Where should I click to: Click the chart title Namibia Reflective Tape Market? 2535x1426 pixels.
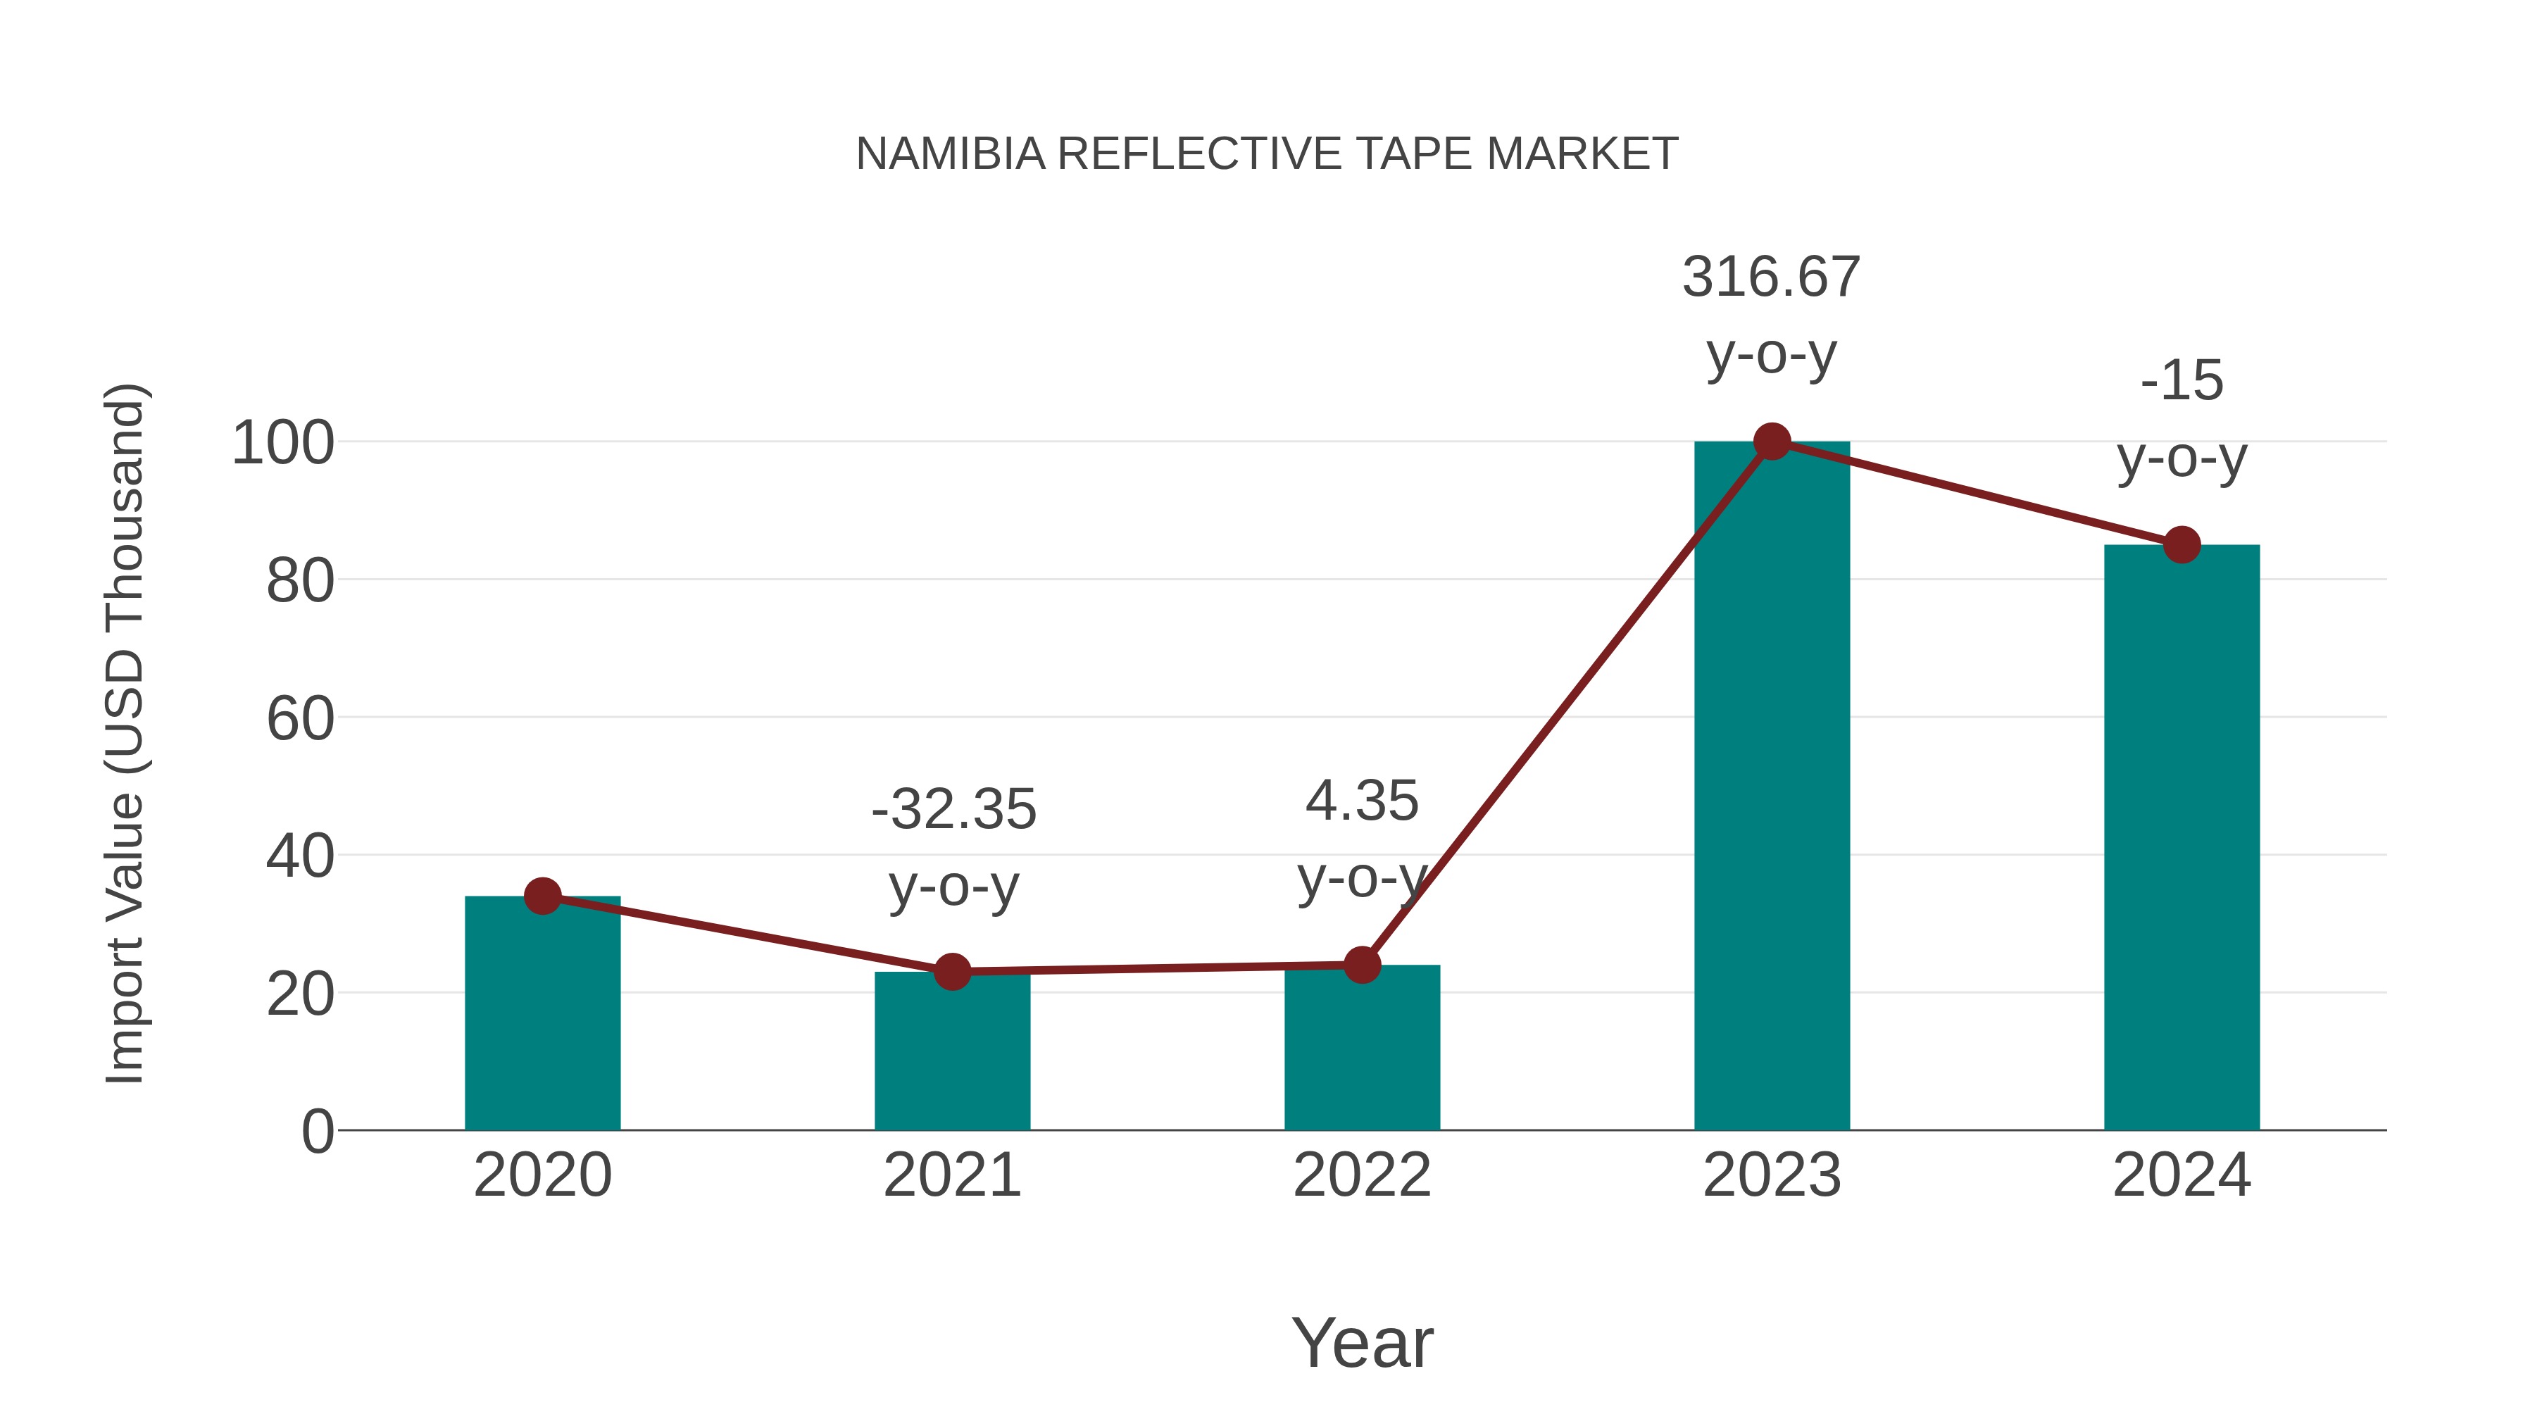(1267, 154)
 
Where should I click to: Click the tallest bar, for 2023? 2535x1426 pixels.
(1772, 787)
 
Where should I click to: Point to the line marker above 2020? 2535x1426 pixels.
(542, 896)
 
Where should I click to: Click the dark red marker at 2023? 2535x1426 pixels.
(1772, 442)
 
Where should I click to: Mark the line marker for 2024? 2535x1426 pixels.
(2182, 544)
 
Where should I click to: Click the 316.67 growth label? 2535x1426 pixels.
(1772, 277)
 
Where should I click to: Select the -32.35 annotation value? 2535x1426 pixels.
(953, 809)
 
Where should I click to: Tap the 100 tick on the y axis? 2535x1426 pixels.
(282, 443)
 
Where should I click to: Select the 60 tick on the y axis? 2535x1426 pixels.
(299, 718)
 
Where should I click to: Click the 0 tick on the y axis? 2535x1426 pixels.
(317, 1132)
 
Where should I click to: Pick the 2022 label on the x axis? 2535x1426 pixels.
(1362, 1175)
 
